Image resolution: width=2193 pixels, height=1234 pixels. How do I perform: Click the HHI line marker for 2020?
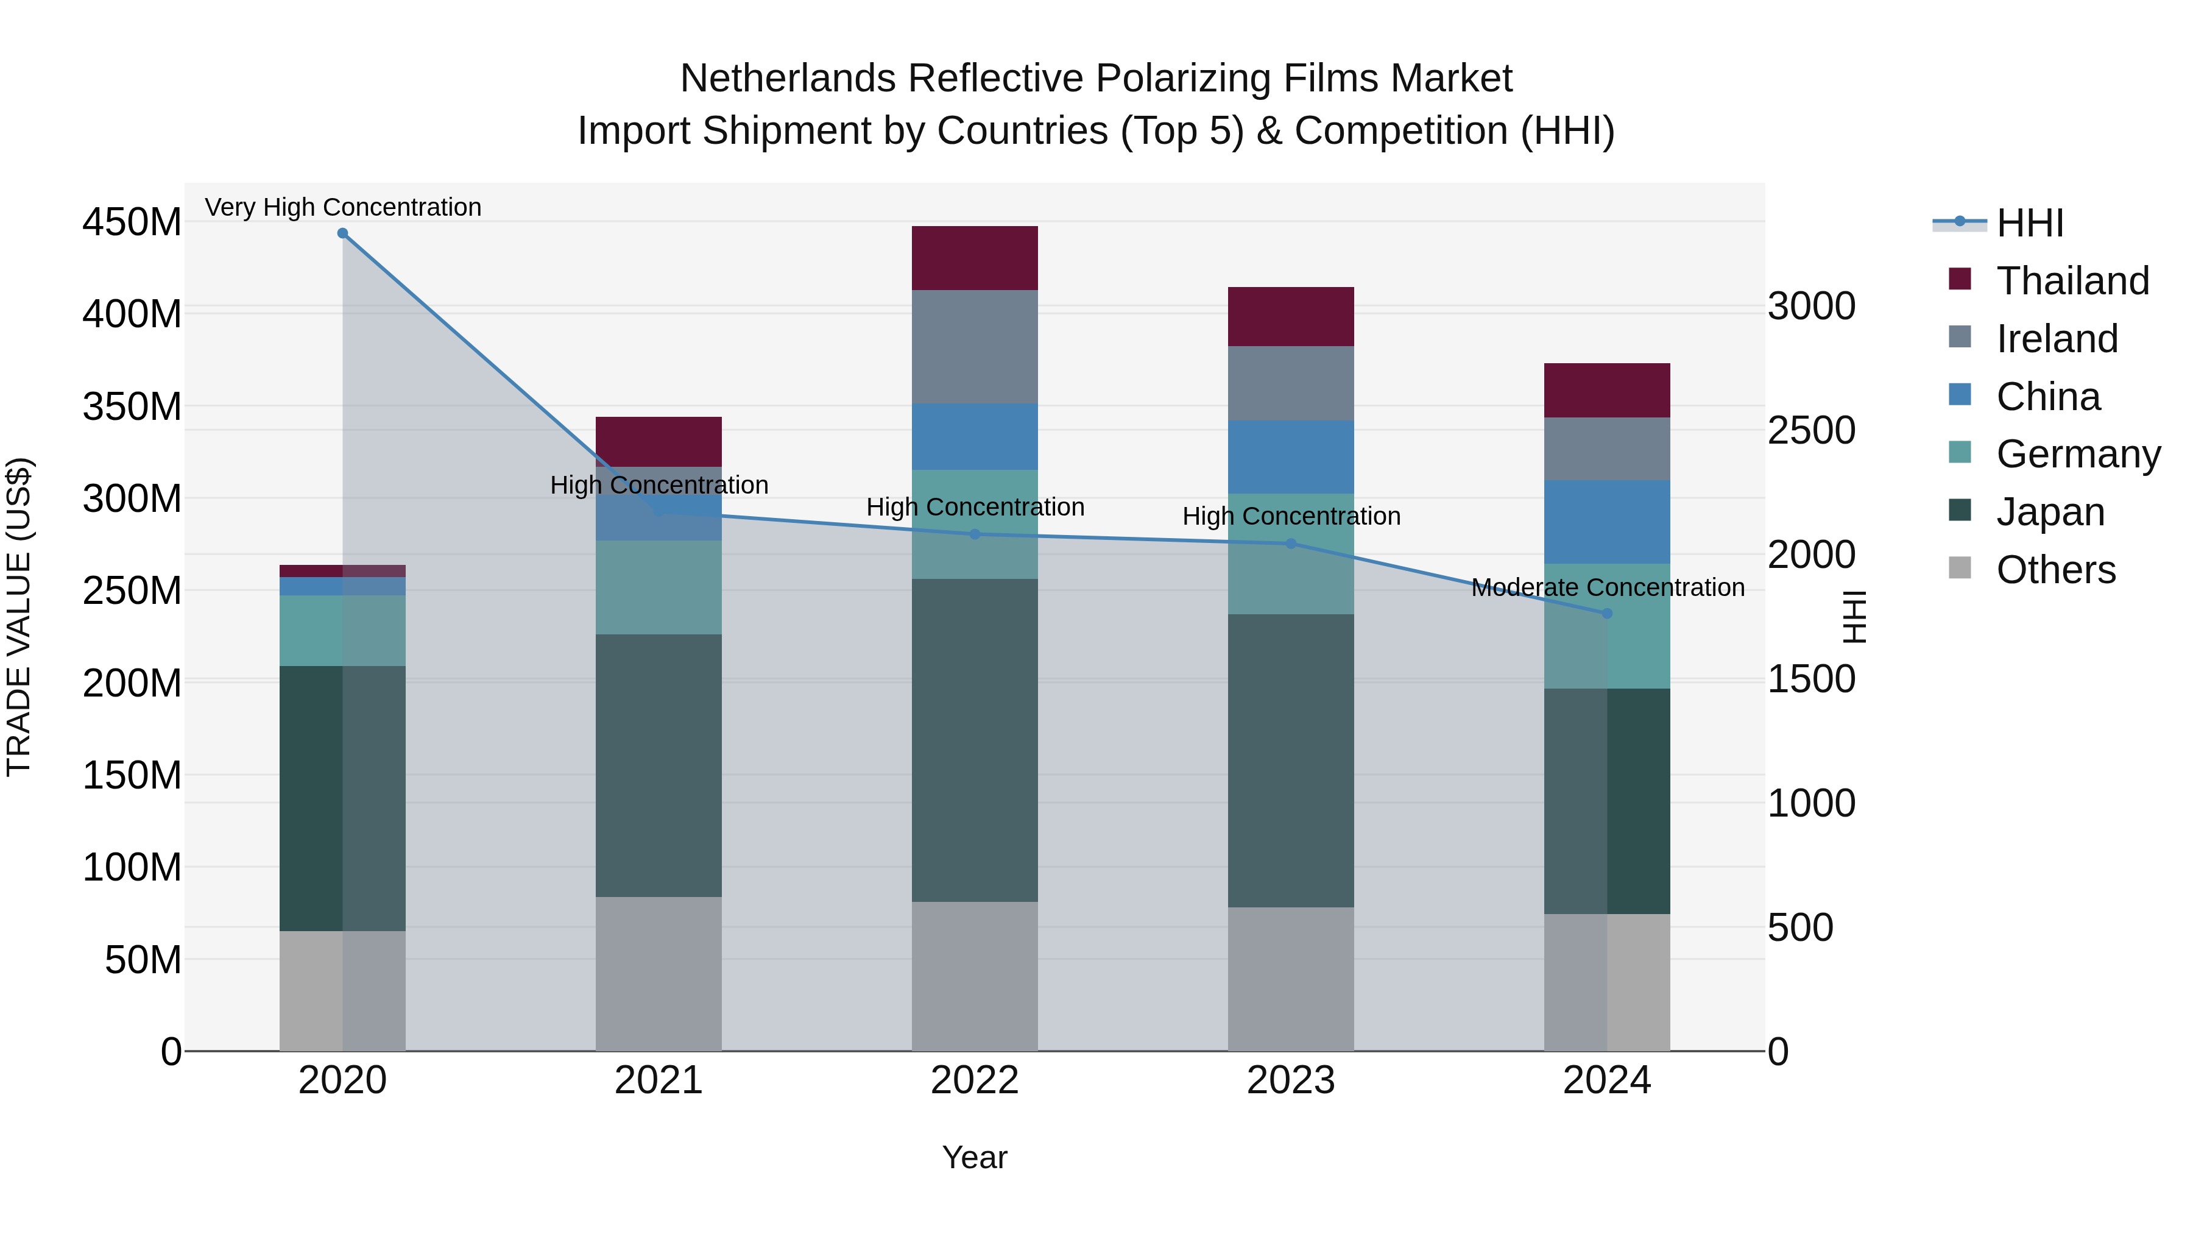(342, 233)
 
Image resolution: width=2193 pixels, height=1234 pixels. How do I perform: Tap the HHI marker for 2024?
(1606, 613)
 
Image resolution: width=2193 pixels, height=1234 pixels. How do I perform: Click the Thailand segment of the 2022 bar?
(975, 258)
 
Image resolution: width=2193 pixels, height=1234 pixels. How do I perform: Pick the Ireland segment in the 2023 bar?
(1291, 383)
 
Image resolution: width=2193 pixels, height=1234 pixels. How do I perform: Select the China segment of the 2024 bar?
(1606, 522)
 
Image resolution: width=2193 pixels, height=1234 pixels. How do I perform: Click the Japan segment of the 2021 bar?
(658, 765)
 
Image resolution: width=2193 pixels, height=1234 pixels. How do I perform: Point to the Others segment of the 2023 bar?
(1291, 979)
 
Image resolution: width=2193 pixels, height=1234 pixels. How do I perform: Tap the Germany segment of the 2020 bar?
(342, 630)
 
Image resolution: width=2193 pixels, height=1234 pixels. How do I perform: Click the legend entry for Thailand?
(2072, 281)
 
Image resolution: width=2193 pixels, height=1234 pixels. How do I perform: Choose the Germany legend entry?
(2077, 454)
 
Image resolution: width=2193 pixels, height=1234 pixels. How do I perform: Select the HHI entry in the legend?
(2030, 223)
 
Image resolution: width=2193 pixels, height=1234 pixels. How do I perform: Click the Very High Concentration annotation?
(343, 207)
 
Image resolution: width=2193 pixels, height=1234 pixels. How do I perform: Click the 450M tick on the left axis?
(131, 222)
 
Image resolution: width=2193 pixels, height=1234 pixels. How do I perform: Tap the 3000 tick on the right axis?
(1812, 306)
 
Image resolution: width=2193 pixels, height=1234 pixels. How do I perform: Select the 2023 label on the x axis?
(1291, 1080)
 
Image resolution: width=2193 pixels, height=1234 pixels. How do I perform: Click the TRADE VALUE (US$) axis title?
(19, 617)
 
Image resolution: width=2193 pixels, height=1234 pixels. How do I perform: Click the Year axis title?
(974, 1157)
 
